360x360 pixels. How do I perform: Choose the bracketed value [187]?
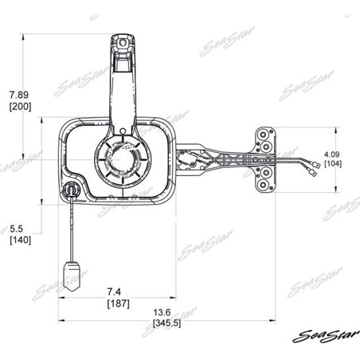tap(119, 303)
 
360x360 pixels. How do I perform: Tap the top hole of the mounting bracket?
tap(263, 138)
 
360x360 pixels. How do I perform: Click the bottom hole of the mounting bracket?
tap(263, 186)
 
